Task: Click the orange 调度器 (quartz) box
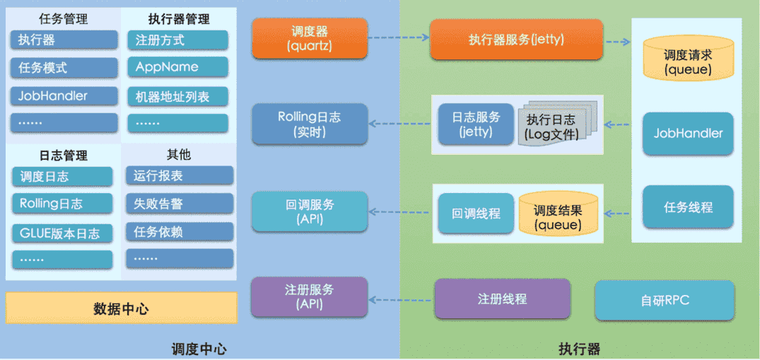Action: [x=310, y=39]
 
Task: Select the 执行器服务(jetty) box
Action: [x=516, y=40]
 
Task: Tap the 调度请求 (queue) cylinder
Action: [x=688, y=61]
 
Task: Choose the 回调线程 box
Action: [x=475, y=213]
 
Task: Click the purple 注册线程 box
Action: [x=502, y=298]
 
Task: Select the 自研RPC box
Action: [x=665, y=300]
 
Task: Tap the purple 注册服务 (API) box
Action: [x=310, y=297]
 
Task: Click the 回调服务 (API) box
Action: [x=310, y=211]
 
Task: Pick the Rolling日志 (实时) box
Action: [x=310, y=124]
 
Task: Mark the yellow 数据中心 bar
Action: [x=121, y=308]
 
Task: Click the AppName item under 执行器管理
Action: [x=177, y=67]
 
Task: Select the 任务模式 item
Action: [x=64, y=68]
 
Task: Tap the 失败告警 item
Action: [x=178, y=204]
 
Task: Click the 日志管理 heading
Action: [x=63, y=155]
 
